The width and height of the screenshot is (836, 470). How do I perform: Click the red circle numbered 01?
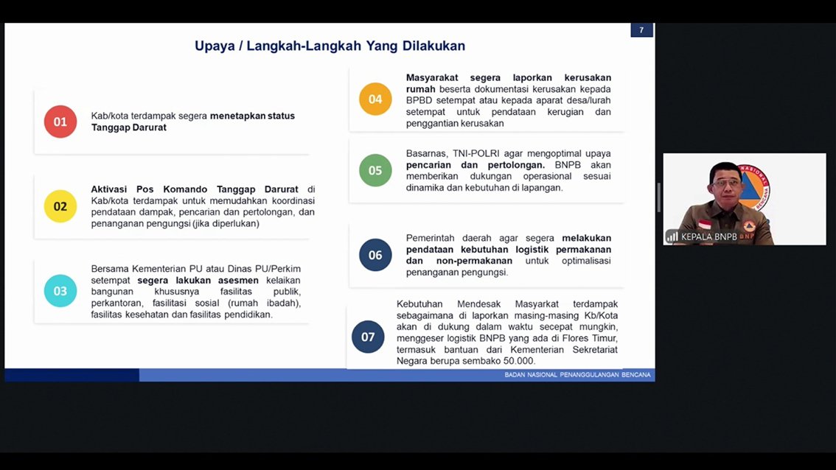(x=60, y=122)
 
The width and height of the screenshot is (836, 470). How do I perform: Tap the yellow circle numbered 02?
(x=60, y=206)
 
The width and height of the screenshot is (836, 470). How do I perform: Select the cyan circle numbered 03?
(x=60, y=291)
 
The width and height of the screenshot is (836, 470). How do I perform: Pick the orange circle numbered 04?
(x=375, y=99)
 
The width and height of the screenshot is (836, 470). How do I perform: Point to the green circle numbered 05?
(x=375, y=170)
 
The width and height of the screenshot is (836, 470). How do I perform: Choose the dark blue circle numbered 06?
(x=375, y=255)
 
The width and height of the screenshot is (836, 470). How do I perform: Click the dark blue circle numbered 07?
(x=368, y=337)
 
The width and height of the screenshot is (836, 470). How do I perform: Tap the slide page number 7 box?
(x=641, y=30)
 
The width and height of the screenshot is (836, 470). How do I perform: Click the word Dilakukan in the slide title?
(x=433, y=46)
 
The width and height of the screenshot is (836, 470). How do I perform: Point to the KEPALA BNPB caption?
(x=709, y=236)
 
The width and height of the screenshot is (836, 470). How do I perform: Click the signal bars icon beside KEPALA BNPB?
(x=672, y=236)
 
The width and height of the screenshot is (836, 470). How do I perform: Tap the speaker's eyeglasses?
(x=726, y=183)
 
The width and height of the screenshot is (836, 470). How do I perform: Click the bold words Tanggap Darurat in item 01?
(x=129, y=127)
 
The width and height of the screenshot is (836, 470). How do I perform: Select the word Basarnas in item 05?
(x=426, y=153)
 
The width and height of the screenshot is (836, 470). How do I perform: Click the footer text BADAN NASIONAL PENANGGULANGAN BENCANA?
(x=577, y=375)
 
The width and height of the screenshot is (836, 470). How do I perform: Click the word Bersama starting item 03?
(x=110, y=269)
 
